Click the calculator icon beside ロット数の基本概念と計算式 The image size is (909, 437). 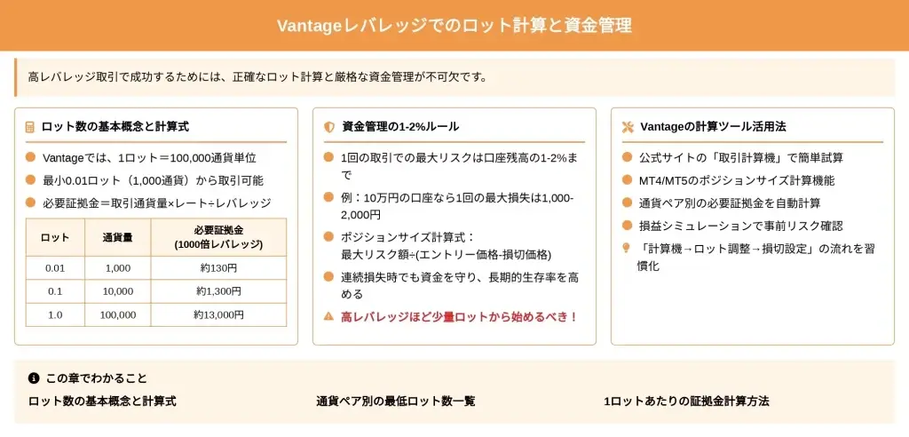[29, 127]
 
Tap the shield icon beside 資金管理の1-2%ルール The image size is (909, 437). [329, 127]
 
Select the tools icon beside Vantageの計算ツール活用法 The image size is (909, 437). [628, 127]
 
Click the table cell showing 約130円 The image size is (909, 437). [218, 268]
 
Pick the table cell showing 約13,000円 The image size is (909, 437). [218, 314]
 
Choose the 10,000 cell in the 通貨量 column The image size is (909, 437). [118, 291]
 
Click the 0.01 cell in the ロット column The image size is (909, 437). [55, 268]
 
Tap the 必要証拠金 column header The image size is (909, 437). [218, 237]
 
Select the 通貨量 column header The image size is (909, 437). [118, 237]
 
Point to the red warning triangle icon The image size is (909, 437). [328, 316]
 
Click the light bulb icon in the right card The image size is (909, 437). [626, 248]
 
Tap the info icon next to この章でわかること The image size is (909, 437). [34, 378]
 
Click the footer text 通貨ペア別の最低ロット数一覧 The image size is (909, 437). [396, 401]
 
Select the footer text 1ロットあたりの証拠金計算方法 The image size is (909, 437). [687, 401]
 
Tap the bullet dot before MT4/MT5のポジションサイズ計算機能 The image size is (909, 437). [627, 180]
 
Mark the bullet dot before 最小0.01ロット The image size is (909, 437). [31, 180]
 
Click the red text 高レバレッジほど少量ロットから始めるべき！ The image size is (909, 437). [459, 317]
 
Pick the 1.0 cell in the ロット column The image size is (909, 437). [55, 314]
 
